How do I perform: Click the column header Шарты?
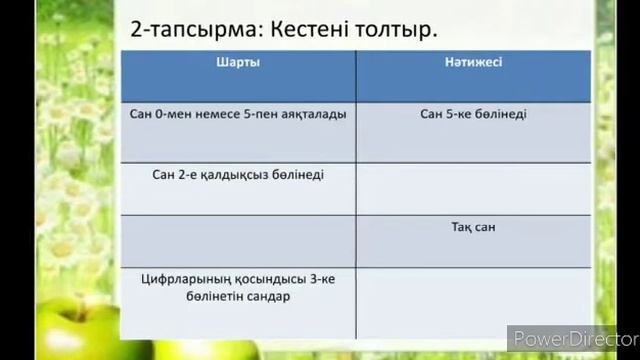pos(239,62)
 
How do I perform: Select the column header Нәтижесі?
pos(473,62)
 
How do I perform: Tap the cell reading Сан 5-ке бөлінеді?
pos(473,114)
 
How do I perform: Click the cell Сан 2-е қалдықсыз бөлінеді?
pos(238,174)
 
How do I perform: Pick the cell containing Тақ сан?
pos(473,227)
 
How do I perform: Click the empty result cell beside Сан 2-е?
pos(473,188)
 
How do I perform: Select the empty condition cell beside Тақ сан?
pos(238,240)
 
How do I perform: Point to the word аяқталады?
pos(313,114)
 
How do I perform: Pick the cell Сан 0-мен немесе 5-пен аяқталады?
pos(238,114)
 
